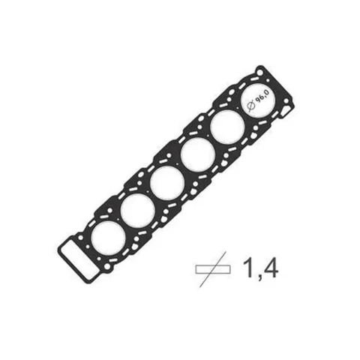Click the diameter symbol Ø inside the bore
click(251, 106)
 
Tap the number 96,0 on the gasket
click(263, 95)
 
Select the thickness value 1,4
click(259, 268)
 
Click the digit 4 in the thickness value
click(270, 268)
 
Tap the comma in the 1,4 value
click(257, 277)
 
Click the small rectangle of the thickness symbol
click(213, 269)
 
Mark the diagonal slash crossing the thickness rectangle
click(213, 269)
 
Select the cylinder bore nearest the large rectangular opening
click(109, 238)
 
